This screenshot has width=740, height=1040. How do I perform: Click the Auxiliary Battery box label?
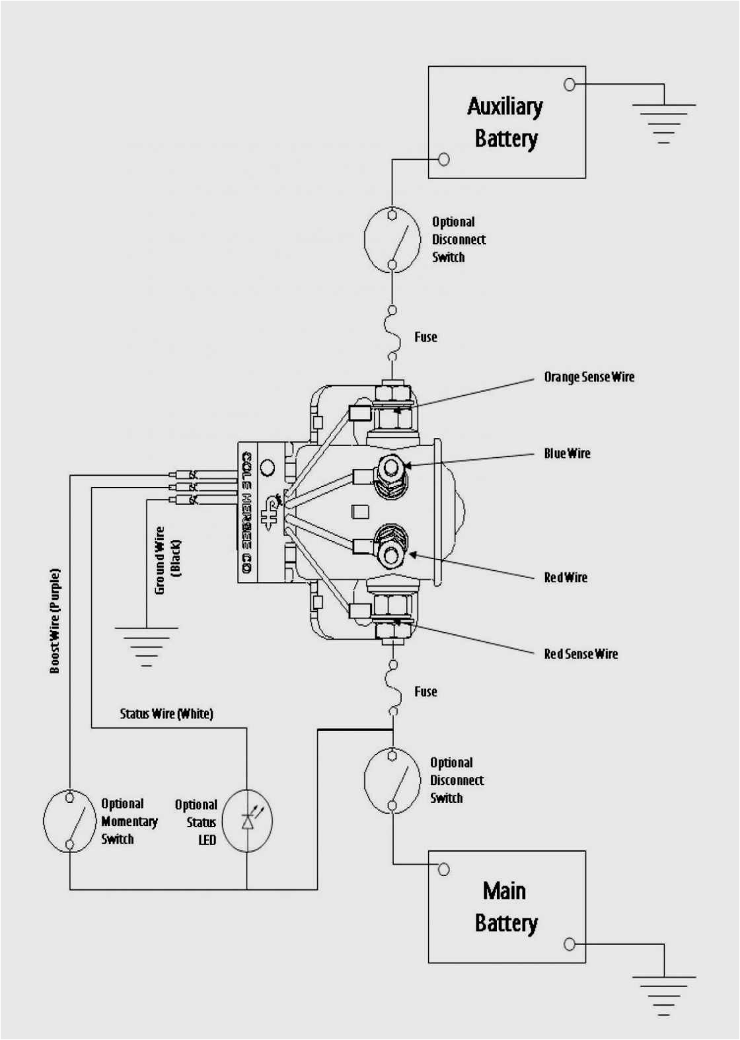[505, 123]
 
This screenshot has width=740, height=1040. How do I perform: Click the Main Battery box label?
[505, 907]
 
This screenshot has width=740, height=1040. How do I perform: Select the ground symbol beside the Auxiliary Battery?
[663, 123]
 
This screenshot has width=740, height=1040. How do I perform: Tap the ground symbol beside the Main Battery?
[663, 995]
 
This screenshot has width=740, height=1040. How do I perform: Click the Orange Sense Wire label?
[589, 377]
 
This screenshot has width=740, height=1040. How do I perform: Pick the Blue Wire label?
[567, 453]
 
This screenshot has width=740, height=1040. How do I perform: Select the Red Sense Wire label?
[581, 654]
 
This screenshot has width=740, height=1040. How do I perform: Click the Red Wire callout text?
[565, 577]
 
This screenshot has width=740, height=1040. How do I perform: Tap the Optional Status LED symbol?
[247, 821]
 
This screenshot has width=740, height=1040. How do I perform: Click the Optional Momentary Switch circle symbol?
[69, 821]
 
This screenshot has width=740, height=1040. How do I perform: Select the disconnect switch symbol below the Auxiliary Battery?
[392, 239]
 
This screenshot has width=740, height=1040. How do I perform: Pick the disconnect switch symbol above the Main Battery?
[392, 780]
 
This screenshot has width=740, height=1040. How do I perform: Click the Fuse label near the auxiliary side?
[425, 337]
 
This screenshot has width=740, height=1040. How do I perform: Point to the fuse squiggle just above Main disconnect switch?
[393, 688]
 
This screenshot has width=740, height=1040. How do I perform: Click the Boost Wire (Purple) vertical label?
[55, 621]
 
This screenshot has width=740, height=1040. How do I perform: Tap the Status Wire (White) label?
[166, 714]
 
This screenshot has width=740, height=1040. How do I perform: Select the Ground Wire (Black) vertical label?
[166, 560]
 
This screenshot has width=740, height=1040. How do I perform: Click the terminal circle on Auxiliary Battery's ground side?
[570, 85]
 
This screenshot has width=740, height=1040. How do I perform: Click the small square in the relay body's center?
[359, 511]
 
